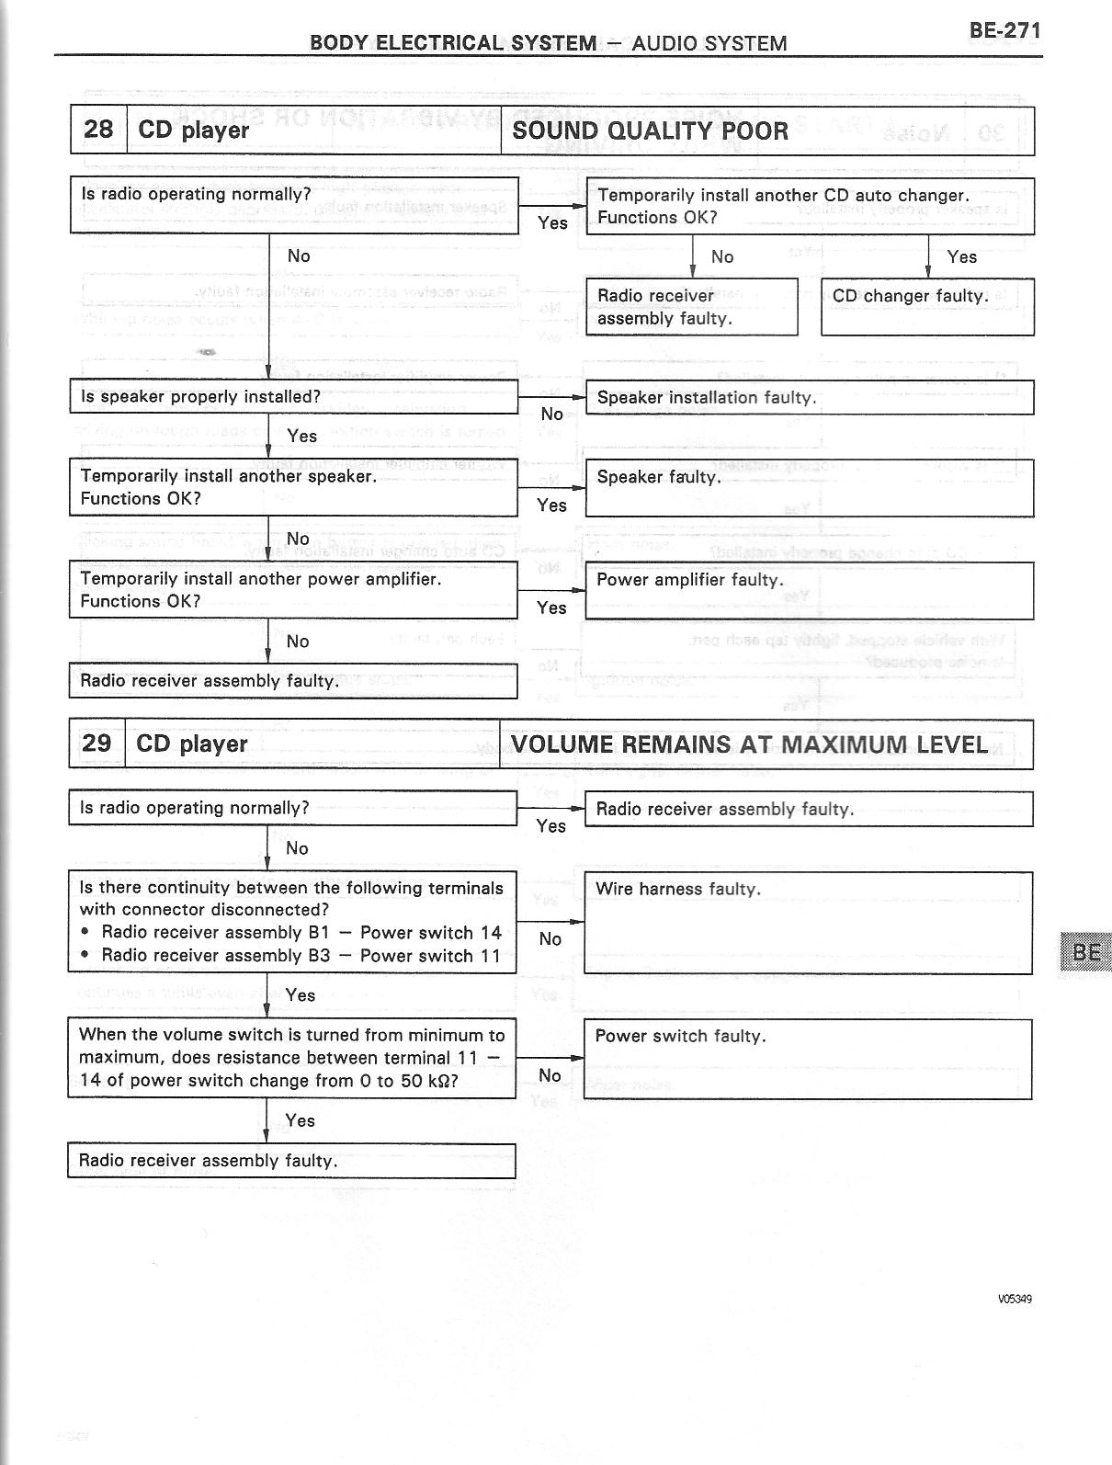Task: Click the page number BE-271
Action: pyautogui.click(x=1004, y=30)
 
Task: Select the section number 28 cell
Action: pyautogui.click(x=97, y=130)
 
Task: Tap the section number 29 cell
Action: pyautogui.click(x=96, y=744)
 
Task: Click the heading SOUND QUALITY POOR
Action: pyautogui.click(x=650, y=131)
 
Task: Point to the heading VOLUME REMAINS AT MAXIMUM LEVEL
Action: pyautogui.click(x=749, y=744)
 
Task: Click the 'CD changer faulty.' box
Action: pyautogui.click(x=926, y=306)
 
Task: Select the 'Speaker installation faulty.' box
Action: pyautogui.click(x=809, y=398)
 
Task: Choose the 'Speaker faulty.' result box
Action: pyautogui.click(x=809, y=488)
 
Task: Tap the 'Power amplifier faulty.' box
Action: pyautogui.click(x=809, y=590)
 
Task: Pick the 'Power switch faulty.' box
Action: pyautogui.click(x=807, y=1058)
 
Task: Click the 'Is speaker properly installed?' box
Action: pyautogui.click(x=294, y=397)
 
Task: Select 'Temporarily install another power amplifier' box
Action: pyautogui.click(x=293, y=590)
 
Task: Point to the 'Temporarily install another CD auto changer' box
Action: pyautogui.click(x=810, y=207)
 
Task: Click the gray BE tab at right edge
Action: pyautogui.click(x=1085, y=952)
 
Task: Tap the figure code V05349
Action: pyautogui.click(x=1015, y=1299)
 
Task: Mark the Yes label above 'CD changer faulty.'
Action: pyautogui.click(x=961, y=257)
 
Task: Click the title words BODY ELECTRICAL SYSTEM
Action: pyautogui.click(x=452, y=43)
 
